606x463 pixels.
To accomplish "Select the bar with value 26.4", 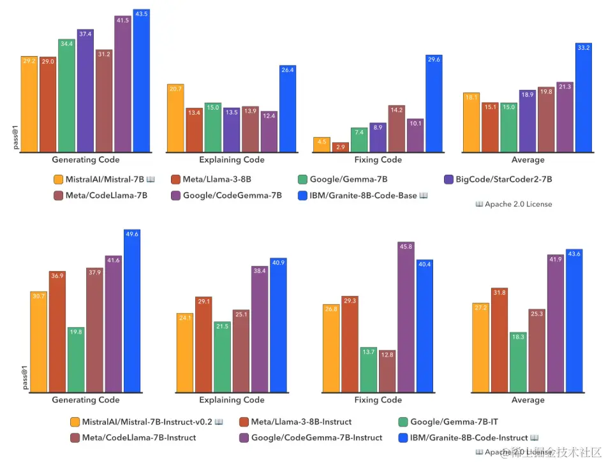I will [288, 109].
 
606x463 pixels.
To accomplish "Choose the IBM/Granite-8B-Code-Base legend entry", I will [363, 196].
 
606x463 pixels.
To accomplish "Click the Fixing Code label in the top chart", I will [378, 159].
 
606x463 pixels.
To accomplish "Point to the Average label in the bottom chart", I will [528, 400].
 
